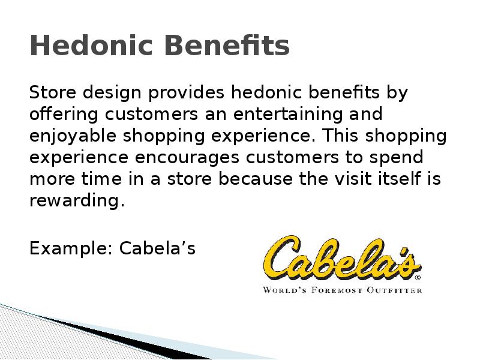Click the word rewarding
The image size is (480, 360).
pyautogui.click(x=77, y=200)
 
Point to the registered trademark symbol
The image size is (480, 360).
pyautogui.click(x=418, y=278)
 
